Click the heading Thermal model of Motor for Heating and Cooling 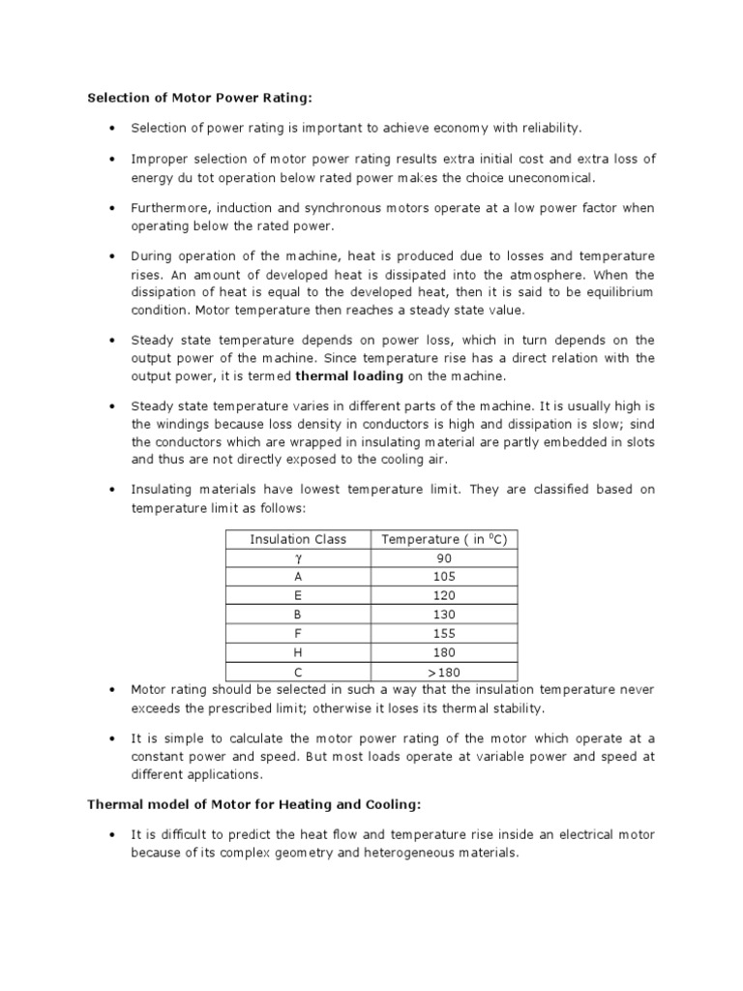click(x=254, y=804)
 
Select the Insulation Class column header click(x=298, y=539)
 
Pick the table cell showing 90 click(x=444, y=558)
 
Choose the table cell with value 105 click(x=444, y=577)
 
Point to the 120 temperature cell click(x=444, y=596)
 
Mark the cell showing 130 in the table click(x=444, y=615)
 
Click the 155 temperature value click(x=444, y=634)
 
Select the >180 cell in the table click(x=444, y=671)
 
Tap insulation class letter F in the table click(x=298, y=634)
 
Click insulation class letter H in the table click(x=298, y=652)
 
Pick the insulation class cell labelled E click(x=298, y=596)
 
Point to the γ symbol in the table click(x=298, y=558)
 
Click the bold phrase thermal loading click(x=349, y=375)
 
